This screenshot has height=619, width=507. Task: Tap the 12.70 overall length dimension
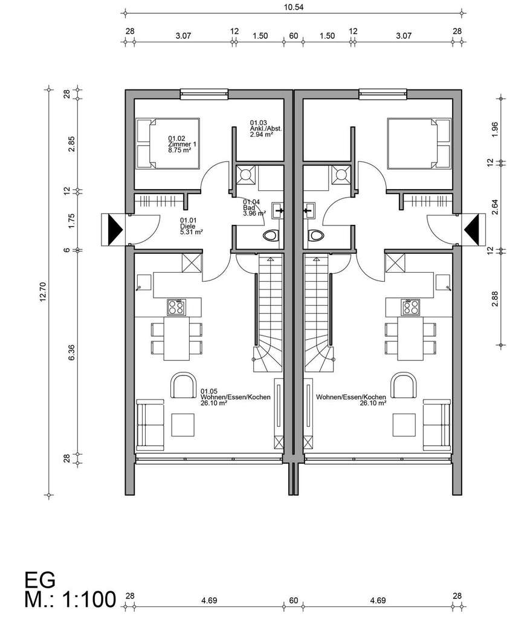point(42,293)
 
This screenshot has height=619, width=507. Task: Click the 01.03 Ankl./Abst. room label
point(262,129)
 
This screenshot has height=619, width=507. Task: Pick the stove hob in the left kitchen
point(176,307)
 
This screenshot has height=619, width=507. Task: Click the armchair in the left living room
point(184,385)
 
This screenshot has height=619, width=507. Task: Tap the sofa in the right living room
point(438,424)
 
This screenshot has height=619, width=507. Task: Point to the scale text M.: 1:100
point(70,600)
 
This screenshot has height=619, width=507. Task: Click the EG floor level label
point(40,579)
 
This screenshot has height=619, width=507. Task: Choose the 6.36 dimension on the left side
point(72,354)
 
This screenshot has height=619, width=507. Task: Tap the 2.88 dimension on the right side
point(495,298)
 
